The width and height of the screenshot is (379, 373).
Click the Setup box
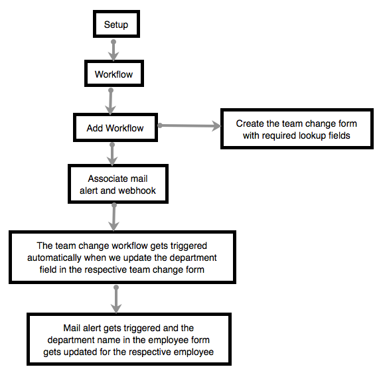(116, 24)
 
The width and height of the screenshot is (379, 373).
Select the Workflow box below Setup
(114, 74)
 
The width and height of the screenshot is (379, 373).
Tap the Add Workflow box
(115, 127)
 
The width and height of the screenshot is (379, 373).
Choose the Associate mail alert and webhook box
(118, 184)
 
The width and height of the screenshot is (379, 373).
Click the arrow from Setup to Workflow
(114, 50)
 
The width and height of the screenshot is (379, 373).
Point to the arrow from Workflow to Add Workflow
(111, 102)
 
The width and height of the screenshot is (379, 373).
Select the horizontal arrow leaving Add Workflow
(189, 125)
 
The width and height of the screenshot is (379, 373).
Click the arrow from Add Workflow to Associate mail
(112, 154)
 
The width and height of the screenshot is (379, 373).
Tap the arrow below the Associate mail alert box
(114, 216)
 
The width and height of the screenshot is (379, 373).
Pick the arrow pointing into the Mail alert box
(116, 299)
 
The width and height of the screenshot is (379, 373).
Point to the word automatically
(54, 258)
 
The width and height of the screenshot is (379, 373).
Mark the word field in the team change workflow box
(48, 269)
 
